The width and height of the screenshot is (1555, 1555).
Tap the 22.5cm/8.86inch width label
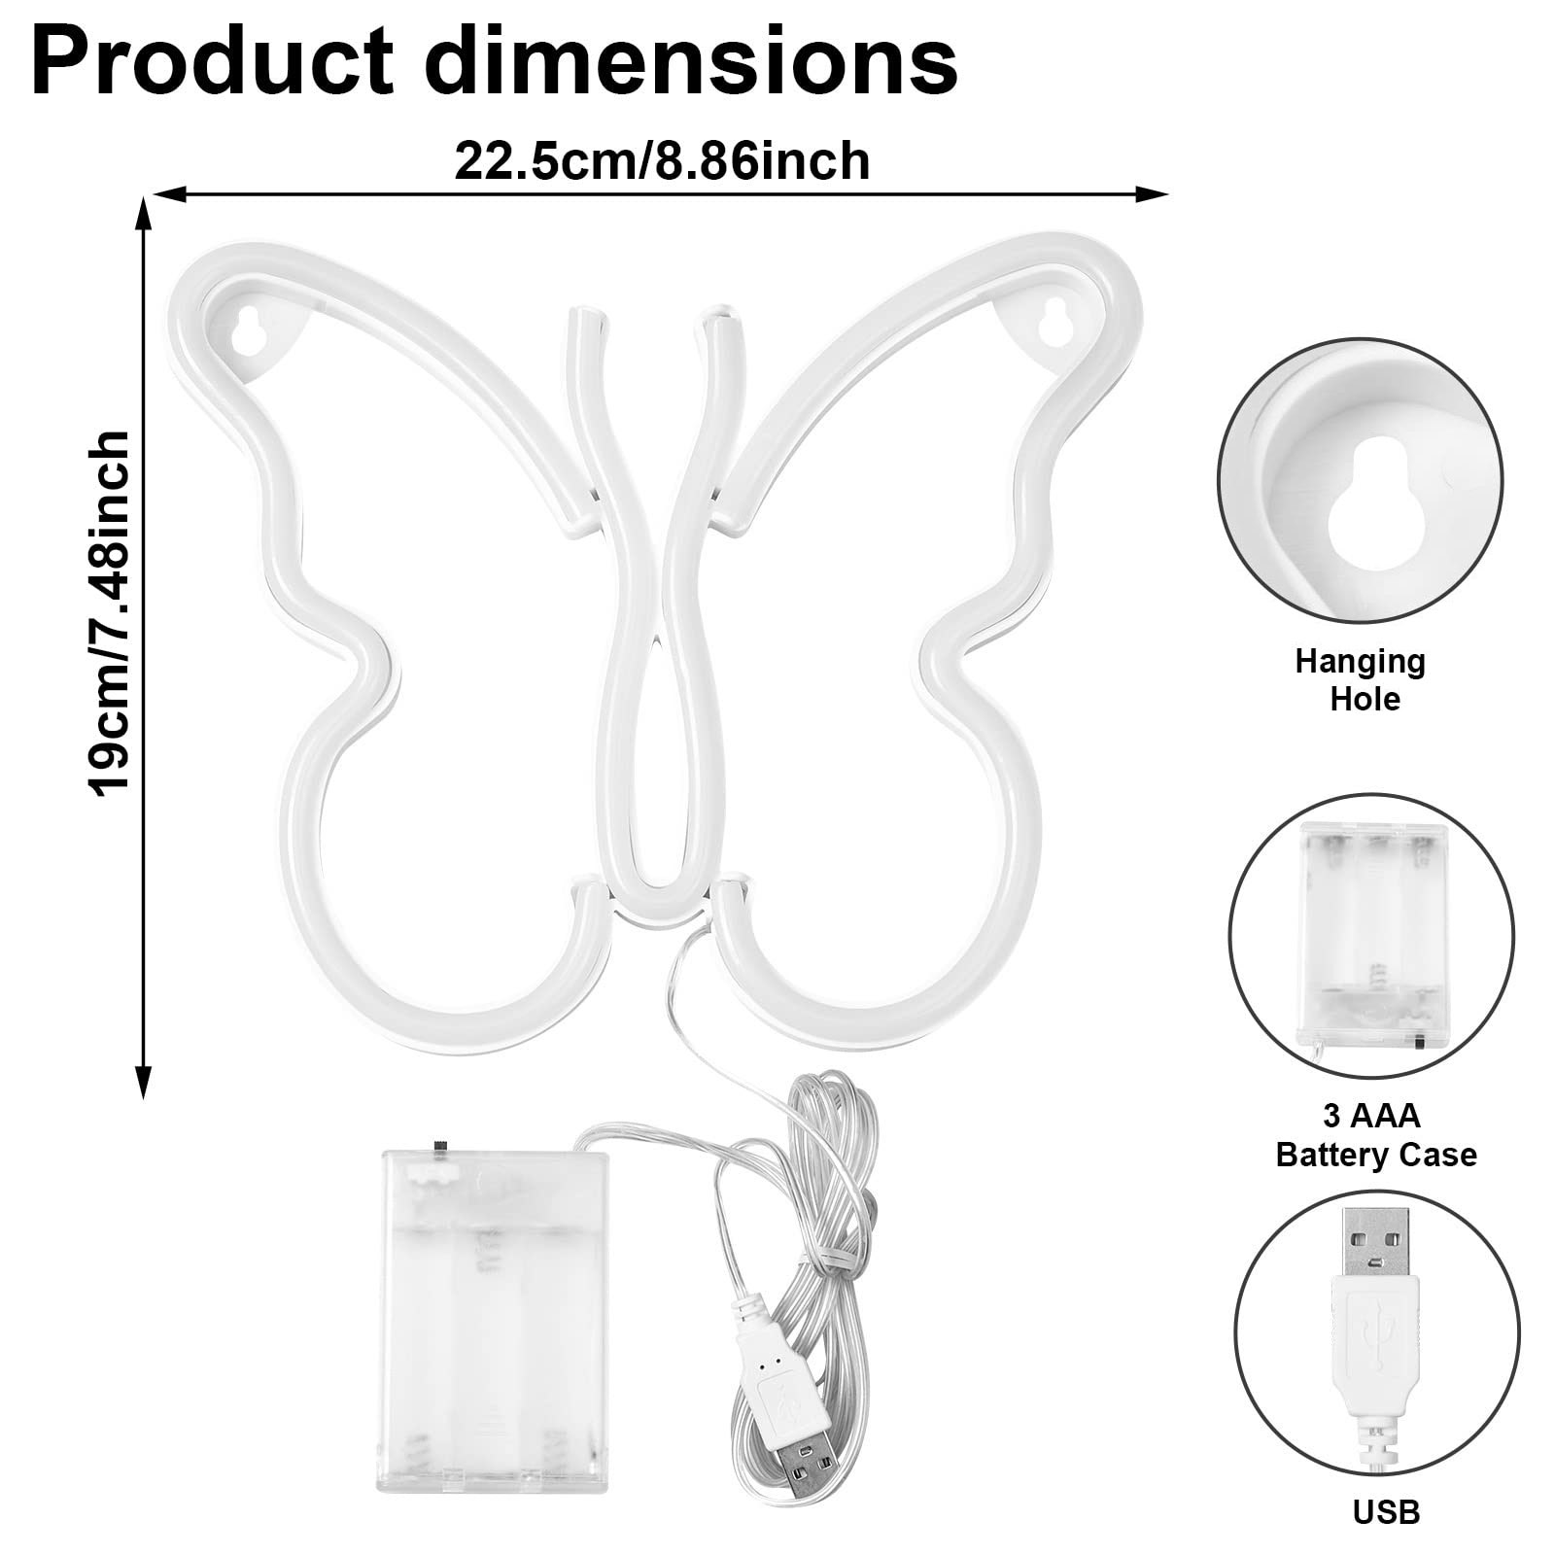(662, 161)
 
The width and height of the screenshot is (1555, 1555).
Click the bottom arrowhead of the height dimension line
(144, 1082)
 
